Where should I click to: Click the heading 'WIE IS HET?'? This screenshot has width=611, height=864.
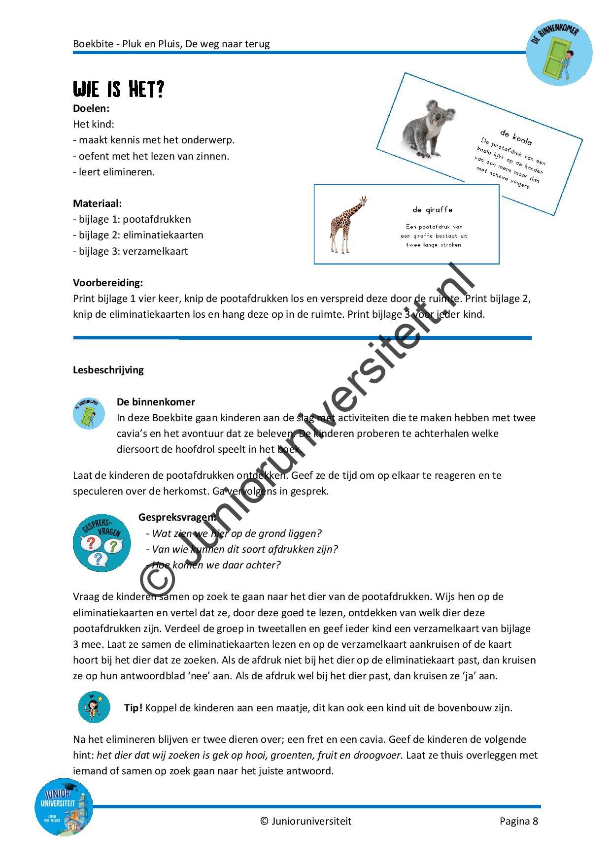(118, 90)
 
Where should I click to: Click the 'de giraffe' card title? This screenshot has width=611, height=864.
(432, 210)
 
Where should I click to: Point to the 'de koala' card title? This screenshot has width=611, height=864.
(515, 137)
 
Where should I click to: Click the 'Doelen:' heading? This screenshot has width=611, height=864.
(91, 108)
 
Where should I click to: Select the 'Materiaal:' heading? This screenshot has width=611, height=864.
(98, 203)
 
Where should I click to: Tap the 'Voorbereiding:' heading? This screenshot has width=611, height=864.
(108, 283)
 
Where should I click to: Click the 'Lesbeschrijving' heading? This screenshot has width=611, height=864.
(108, 370)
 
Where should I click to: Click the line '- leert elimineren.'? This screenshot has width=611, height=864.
(114, 172)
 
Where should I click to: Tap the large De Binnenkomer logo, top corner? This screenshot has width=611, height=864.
(559, 52)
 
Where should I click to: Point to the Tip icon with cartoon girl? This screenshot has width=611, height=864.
(94, 707)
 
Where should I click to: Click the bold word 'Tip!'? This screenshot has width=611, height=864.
(133, 708)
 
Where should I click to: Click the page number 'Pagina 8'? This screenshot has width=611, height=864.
(518, 821)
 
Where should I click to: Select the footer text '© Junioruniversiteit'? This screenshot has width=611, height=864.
(305, 821)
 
